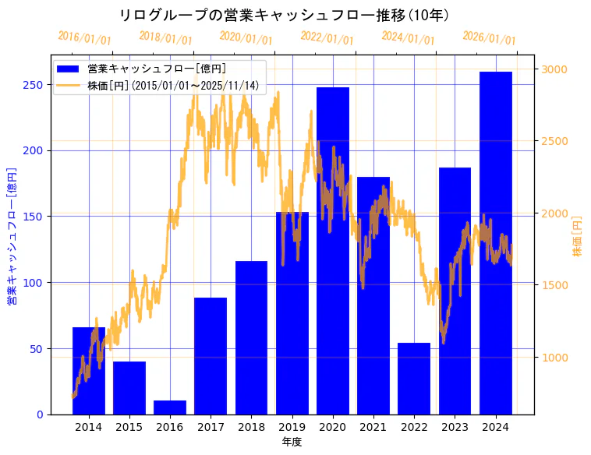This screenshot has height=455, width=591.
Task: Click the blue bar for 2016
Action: [x=169, y=407]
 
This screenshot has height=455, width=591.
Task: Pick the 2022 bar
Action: [x=414, y=379]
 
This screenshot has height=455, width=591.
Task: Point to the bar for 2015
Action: [x=129, y=388]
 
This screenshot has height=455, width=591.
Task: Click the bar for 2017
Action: [x=211, y=356]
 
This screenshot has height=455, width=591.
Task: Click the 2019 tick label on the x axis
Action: [x=292, y=427]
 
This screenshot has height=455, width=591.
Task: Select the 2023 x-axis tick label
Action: [x=455, y=427]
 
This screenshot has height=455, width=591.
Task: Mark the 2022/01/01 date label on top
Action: [x=327, y=38]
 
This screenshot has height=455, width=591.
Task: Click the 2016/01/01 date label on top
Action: [x=84, y=38]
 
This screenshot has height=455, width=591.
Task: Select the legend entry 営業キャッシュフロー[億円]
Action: [x=157, y=69]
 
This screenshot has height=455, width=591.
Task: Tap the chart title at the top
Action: [x=284, y=15]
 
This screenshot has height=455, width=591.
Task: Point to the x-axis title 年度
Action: [x=292, y=442]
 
